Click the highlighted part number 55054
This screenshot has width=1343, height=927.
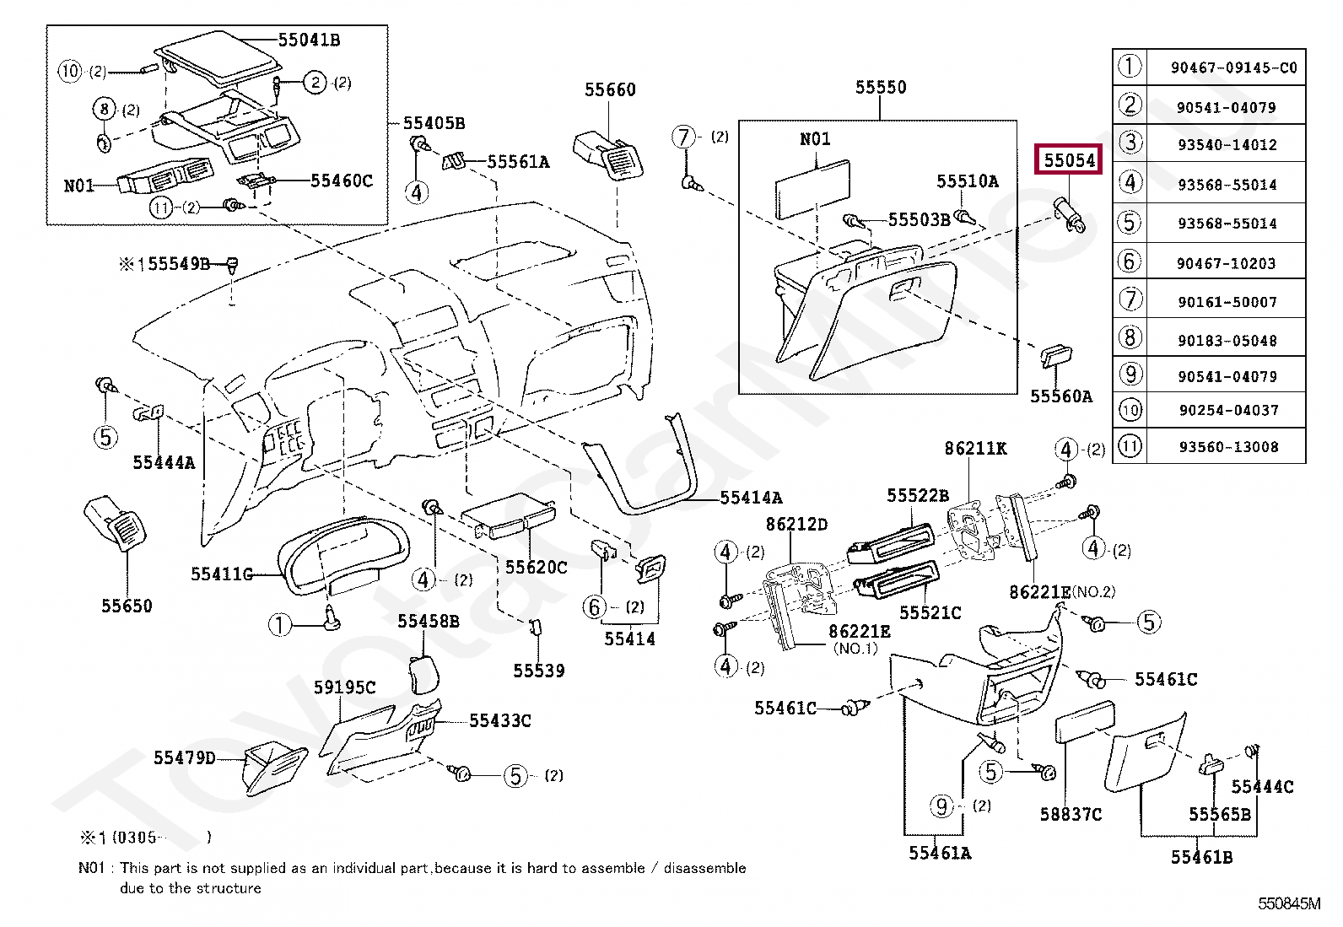click(x=1069, y=160)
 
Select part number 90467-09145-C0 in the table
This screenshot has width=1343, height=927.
click(x=1234, y=67)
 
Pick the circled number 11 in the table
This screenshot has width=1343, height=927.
click(x=1130, y=446)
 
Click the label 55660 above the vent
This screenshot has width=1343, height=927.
click(x=610, y=90)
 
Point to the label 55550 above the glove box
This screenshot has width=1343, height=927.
click(x=881, y=88)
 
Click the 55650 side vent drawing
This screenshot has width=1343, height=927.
click(x=115, y=522)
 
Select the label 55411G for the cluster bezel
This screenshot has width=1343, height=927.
click(x=222, y=574)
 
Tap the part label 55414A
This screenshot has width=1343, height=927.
click(x=751, y=497)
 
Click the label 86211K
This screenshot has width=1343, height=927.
click(x=975, y=449)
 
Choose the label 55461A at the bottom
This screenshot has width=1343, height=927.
click(x=940, y=853)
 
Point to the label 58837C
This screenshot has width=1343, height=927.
click(x=1071, y=814)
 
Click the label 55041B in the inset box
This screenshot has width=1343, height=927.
click(x=309, y=40)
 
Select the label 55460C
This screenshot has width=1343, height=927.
click(x=341, y=181)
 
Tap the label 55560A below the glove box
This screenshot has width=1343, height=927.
click(x=1061, y=396)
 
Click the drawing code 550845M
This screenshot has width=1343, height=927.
click(x=1289, y=903)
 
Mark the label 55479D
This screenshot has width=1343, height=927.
click(x=184, y=758)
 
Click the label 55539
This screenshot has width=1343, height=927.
click(x=538, y=671)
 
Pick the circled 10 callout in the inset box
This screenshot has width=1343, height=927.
click(x=69, y=71)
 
